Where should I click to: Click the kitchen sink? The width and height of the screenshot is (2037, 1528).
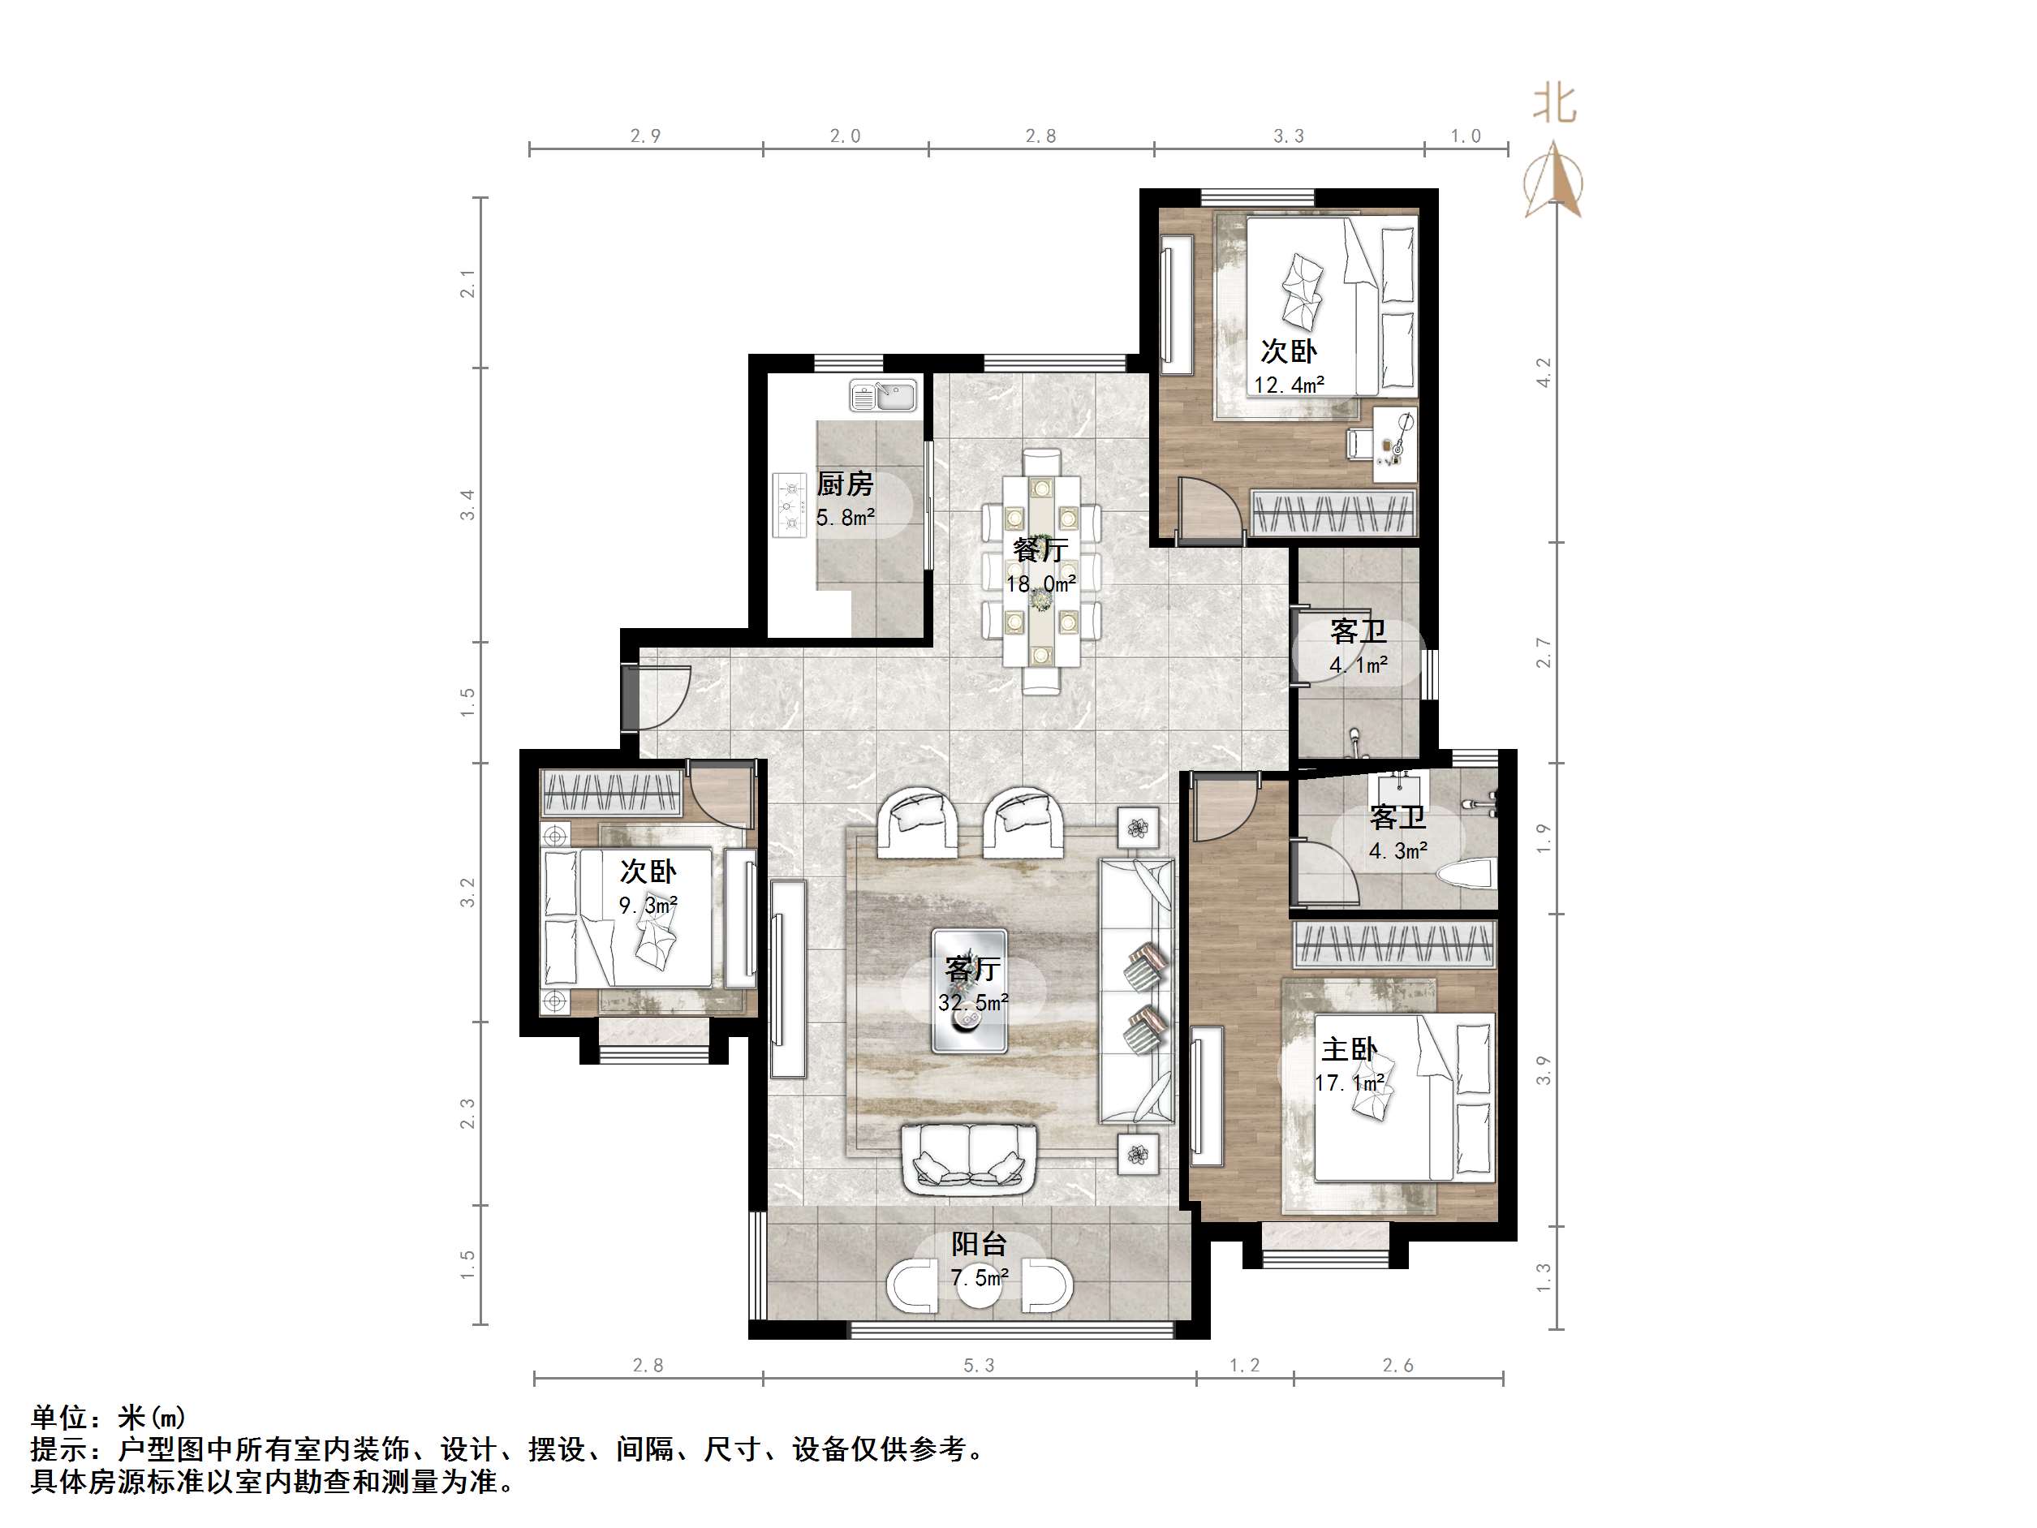pos(882,396)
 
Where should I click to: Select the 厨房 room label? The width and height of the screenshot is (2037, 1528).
pos(845,484)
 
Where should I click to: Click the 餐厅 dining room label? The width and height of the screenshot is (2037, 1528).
pos(1040,550)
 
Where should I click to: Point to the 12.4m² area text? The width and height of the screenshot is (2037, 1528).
pos(1288,385)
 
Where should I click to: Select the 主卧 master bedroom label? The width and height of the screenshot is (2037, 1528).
pos(1349,1049)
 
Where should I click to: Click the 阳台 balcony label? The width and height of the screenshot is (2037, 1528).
pos(979,1244)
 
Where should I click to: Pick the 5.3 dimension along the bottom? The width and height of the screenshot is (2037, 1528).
pos(979,1366)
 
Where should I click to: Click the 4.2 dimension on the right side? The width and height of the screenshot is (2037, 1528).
pos(1544,372)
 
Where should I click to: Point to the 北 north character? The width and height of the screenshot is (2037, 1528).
pos(1554,104)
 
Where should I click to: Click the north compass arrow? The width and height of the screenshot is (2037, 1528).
pos(1554,179)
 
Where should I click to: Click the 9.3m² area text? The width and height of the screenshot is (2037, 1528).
pos(648,906)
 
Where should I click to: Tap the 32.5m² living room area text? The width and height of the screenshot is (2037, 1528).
pos(973,1002)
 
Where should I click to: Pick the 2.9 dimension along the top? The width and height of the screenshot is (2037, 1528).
pos(645,136)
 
